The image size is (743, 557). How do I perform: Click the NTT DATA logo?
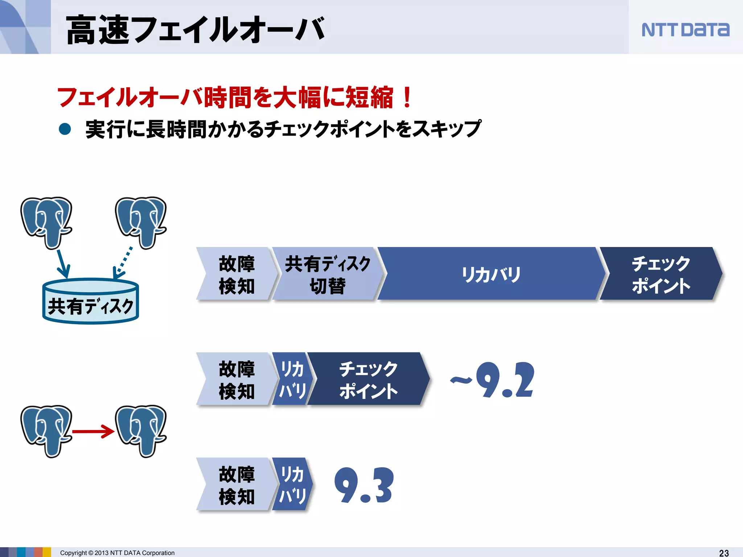tap(685, 30)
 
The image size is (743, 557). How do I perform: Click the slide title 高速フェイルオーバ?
tap(195, 30)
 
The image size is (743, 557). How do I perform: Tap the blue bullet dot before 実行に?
tap(65, 129)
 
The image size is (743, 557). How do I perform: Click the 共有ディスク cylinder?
tap(91, 301)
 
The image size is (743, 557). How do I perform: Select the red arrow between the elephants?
tap(93, 432)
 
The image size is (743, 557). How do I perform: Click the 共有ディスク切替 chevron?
tap(327, 274)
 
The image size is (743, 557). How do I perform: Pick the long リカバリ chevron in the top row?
tap(491, 274)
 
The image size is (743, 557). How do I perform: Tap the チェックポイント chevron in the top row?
tap(661, 274)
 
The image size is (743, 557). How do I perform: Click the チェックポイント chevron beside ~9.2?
tap(368, 379)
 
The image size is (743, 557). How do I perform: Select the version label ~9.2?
tap(493, 380)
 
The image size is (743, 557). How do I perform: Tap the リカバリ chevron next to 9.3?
tap(292, 484)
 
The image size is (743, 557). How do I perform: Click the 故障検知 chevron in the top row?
tap(237, 274)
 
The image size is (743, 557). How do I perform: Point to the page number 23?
tap(724, 553)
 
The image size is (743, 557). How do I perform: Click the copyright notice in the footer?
tap(117, 553)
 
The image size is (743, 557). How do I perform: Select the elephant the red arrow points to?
tap(141, 430)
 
